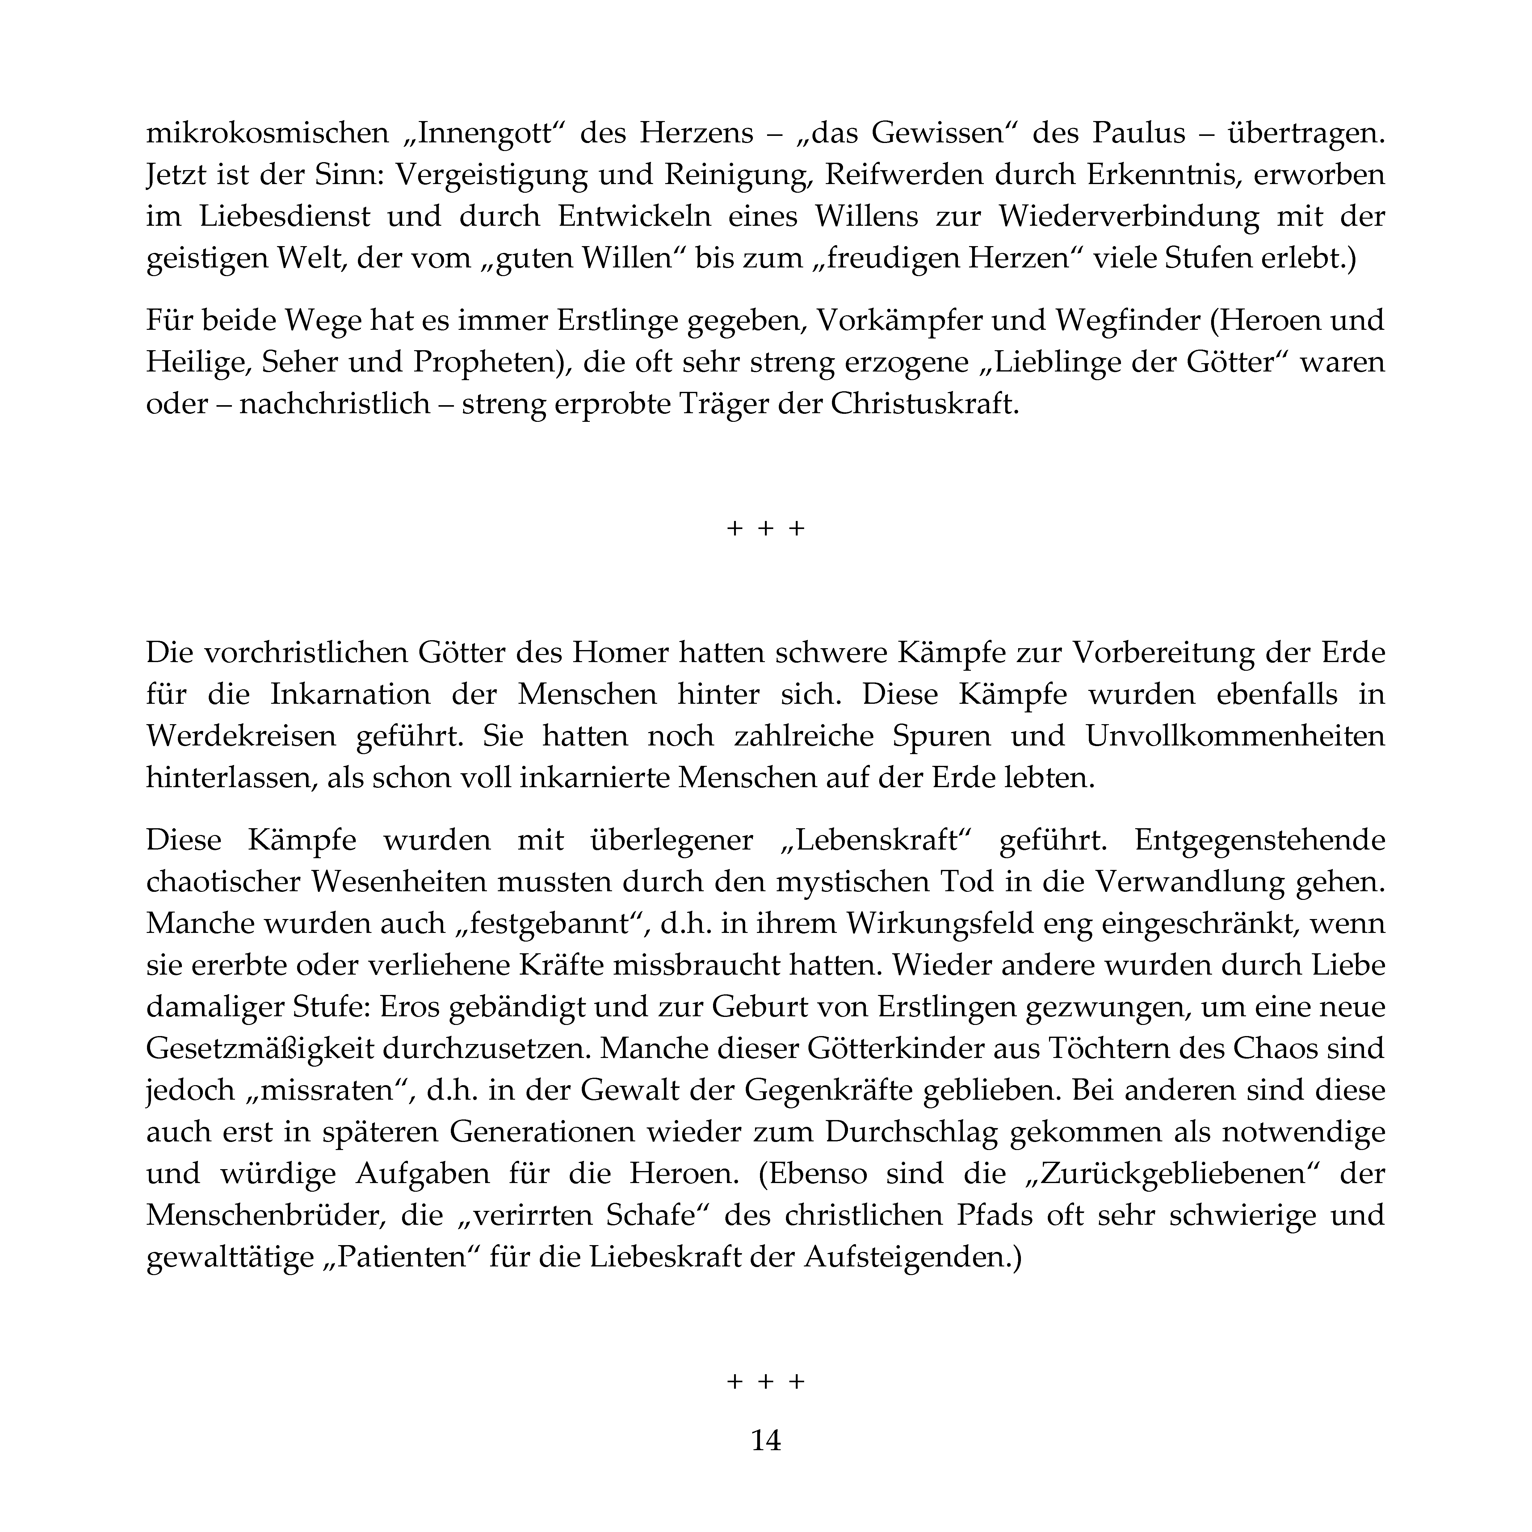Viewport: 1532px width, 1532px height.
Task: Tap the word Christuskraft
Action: coord(924,405)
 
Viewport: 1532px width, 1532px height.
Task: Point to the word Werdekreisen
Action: coord(241,736)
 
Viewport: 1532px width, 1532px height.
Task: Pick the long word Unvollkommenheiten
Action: coord(1235,736)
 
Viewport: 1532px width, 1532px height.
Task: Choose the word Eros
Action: coord(411,1006)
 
